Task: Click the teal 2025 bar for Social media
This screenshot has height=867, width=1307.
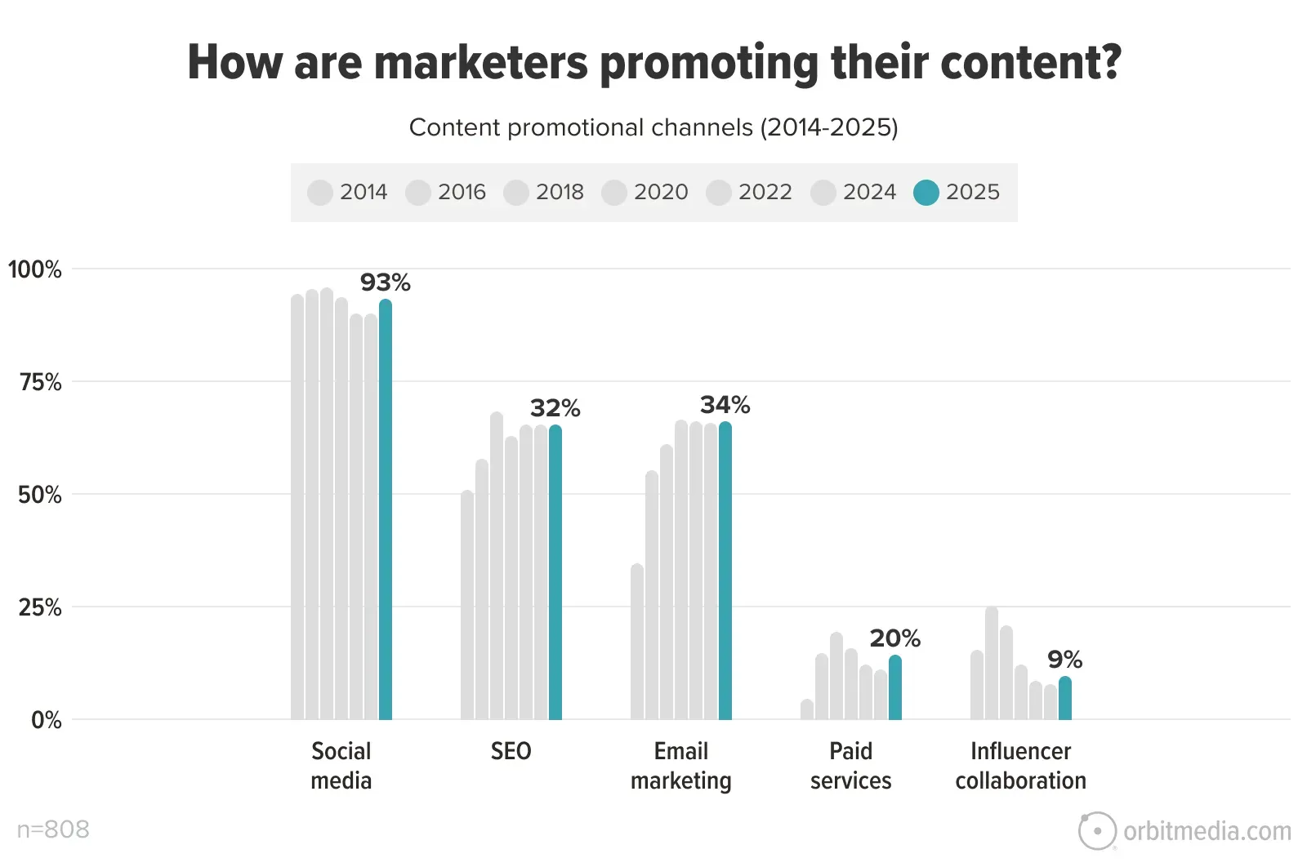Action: (x=386, y=510)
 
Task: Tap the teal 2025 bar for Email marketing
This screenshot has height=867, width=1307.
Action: (x=725, y=571)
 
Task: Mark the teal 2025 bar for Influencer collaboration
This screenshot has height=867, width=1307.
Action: (x=1065, y=699)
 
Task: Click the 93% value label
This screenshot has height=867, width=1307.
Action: (x=386, y=282)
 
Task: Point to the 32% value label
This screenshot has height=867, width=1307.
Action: (x=555, y=408)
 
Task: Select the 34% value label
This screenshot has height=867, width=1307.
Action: (x=725, y=405)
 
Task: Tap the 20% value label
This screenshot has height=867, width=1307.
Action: (x=895, y=638)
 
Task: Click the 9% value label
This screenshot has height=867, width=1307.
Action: (x=1065, y=660)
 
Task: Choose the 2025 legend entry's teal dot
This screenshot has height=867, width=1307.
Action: (x=926, y=193)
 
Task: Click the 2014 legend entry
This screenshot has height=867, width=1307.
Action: (x=348, y=193)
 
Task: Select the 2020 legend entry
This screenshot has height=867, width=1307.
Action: (x=645, y=193)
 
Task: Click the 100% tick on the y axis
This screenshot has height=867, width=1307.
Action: (x=35, y=269)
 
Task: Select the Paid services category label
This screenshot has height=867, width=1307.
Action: (x=851, y=766)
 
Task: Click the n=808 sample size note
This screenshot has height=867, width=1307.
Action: (x=53, y=829)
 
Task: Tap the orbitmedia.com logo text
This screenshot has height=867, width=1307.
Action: (x=1207, y=831)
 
